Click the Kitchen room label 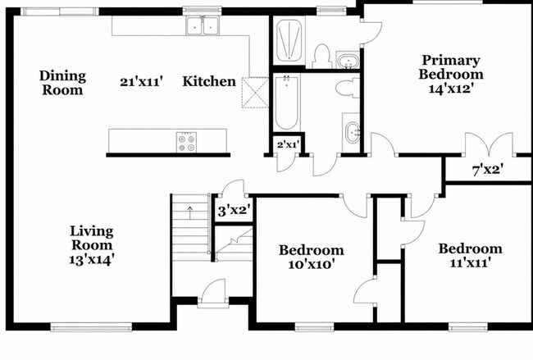tap(209, 81)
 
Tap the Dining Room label tap(62, 83)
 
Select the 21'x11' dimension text tap(139, 82)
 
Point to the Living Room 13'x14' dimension tap(91, 260)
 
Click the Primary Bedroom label tap(451, 67)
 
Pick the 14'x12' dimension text tap(451, 89)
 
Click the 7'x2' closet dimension tap(488, 170)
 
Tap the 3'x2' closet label tap(235, 211)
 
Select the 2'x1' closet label tap(289, 145)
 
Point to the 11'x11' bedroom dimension tap(470, 262)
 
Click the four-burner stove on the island tap(186, 143)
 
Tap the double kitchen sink tap(203, 25)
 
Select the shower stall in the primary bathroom tap(289, 41)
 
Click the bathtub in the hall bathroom tap(287, 103)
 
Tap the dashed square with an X tap(255, 93)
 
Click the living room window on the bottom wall tap(91, 327)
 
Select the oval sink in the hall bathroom tap(353, 132)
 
